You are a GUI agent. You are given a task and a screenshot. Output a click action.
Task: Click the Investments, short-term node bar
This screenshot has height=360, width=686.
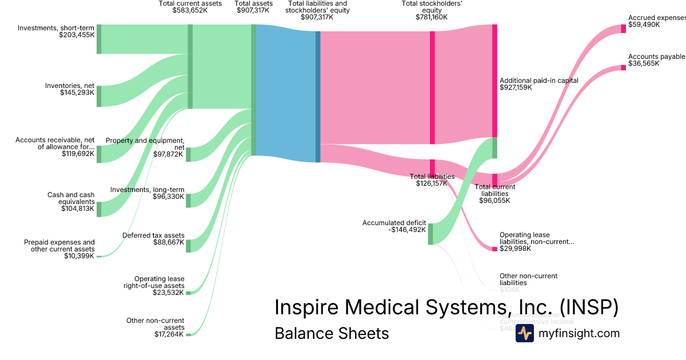click(99, 39)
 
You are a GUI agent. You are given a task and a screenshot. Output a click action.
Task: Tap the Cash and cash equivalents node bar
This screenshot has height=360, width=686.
click(99, 209)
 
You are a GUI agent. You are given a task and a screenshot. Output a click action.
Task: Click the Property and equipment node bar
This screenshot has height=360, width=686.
click(189, 154)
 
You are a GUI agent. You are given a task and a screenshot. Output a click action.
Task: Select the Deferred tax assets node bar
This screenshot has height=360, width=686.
click(189, 246)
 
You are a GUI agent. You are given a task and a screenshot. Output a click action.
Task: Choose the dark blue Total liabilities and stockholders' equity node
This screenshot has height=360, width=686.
click(318, 97)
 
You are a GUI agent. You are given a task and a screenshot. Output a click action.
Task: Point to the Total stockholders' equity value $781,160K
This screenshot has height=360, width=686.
click(432, 17)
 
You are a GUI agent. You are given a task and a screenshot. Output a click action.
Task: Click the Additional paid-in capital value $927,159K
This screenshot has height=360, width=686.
click(516, 88)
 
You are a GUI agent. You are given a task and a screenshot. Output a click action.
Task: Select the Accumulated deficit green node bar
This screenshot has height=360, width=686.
click(430, 234)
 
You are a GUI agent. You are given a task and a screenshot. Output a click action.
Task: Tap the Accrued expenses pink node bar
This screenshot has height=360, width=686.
click(623, 29)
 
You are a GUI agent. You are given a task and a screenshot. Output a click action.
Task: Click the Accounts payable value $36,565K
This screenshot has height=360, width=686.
click(644, 64)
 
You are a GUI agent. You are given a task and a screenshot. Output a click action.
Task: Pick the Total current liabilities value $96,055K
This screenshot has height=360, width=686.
click(494, 201)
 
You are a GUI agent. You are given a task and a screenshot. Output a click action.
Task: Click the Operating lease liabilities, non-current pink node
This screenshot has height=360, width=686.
click(494, 249)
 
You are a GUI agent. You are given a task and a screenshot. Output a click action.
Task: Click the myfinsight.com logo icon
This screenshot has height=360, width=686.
click(524, 334)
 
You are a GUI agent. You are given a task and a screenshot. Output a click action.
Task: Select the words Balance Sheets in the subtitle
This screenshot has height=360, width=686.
click(332, 334)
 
